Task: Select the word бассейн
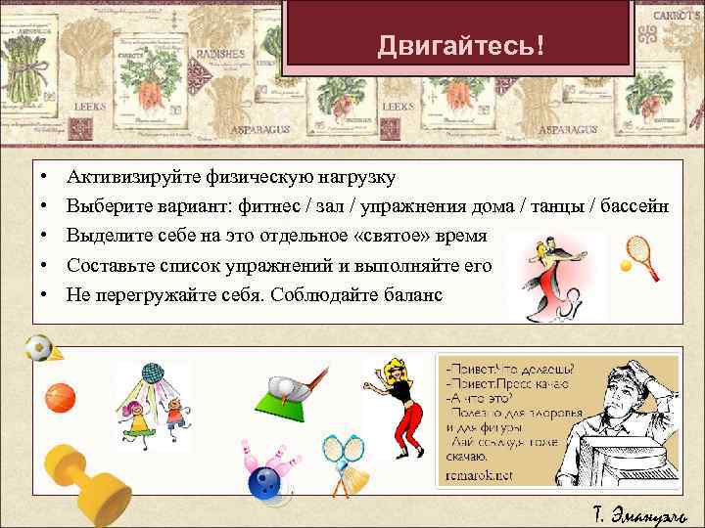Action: click(634, 206)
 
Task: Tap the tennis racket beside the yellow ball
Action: click(638, 249)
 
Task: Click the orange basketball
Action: click(60, 397)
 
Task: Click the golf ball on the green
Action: click(284, 387)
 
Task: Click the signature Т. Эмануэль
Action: click(639, 512)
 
